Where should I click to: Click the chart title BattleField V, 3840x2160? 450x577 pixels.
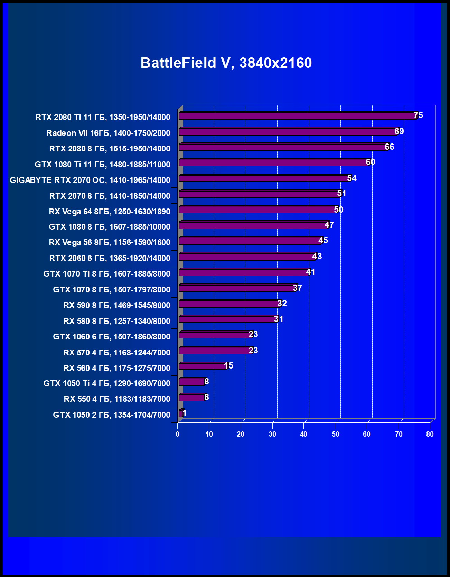click(x=226, y=63)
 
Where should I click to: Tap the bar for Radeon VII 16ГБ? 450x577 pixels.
click(x=287, y=132)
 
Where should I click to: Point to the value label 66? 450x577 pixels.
click(x=389, y=147)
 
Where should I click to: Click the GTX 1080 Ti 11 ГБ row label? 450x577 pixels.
click(x=102, y=165)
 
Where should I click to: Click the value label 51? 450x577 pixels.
click(x=341, y=194)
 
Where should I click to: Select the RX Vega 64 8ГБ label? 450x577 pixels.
click(x=110, y=212)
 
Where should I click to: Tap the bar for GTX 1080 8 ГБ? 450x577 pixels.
click(x=252, y=225)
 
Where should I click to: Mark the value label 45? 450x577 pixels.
click(x=323, y=241)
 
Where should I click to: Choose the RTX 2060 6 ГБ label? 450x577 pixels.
click(x=110, y=258)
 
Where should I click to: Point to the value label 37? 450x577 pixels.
click(x=297, y=288)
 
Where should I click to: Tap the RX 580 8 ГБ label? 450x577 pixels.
click(x=117, y=321)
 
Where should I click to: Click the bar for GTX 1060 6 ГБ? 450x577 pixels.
click(x=214, y=335)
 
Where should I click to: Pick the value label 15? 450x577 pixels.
click(x=228, y=366)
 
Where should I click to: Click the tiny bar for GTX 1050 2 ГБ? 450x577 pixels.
click(x=180, y=413)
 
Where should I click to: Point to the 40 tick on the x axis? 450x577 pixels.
click(x=303, y=434)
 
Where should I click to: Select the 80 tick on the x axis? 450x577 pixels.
click(x=430, y=434)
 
